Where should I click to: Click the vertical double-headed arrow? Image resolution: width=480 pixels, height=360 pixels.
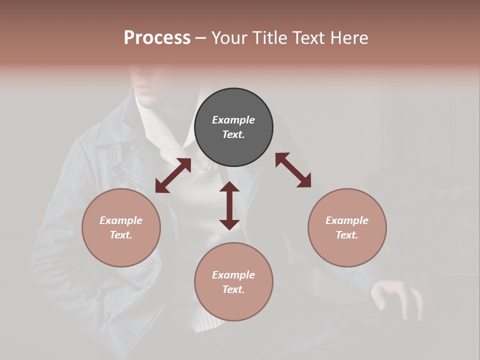[229, 205]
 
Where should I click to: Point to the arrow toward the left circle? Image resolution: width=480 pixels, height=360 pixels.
[173, 175]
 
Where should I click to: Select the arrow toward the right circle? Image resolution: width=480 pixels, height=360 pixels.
[293, 170]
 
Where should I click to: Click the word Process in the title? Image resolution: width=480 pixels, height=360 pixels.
[157, 37]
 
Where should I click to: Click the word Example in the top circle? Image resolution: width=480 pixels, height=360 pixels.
[233, 120]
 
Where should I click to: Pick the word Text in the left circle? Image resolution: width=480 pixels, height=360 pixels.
[120, 235]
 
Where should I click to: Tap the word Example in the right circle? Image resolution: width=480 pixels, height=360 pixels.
[347, 220]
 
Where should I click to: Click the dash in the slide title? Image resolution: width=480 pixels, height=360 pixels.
[201, 38]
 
